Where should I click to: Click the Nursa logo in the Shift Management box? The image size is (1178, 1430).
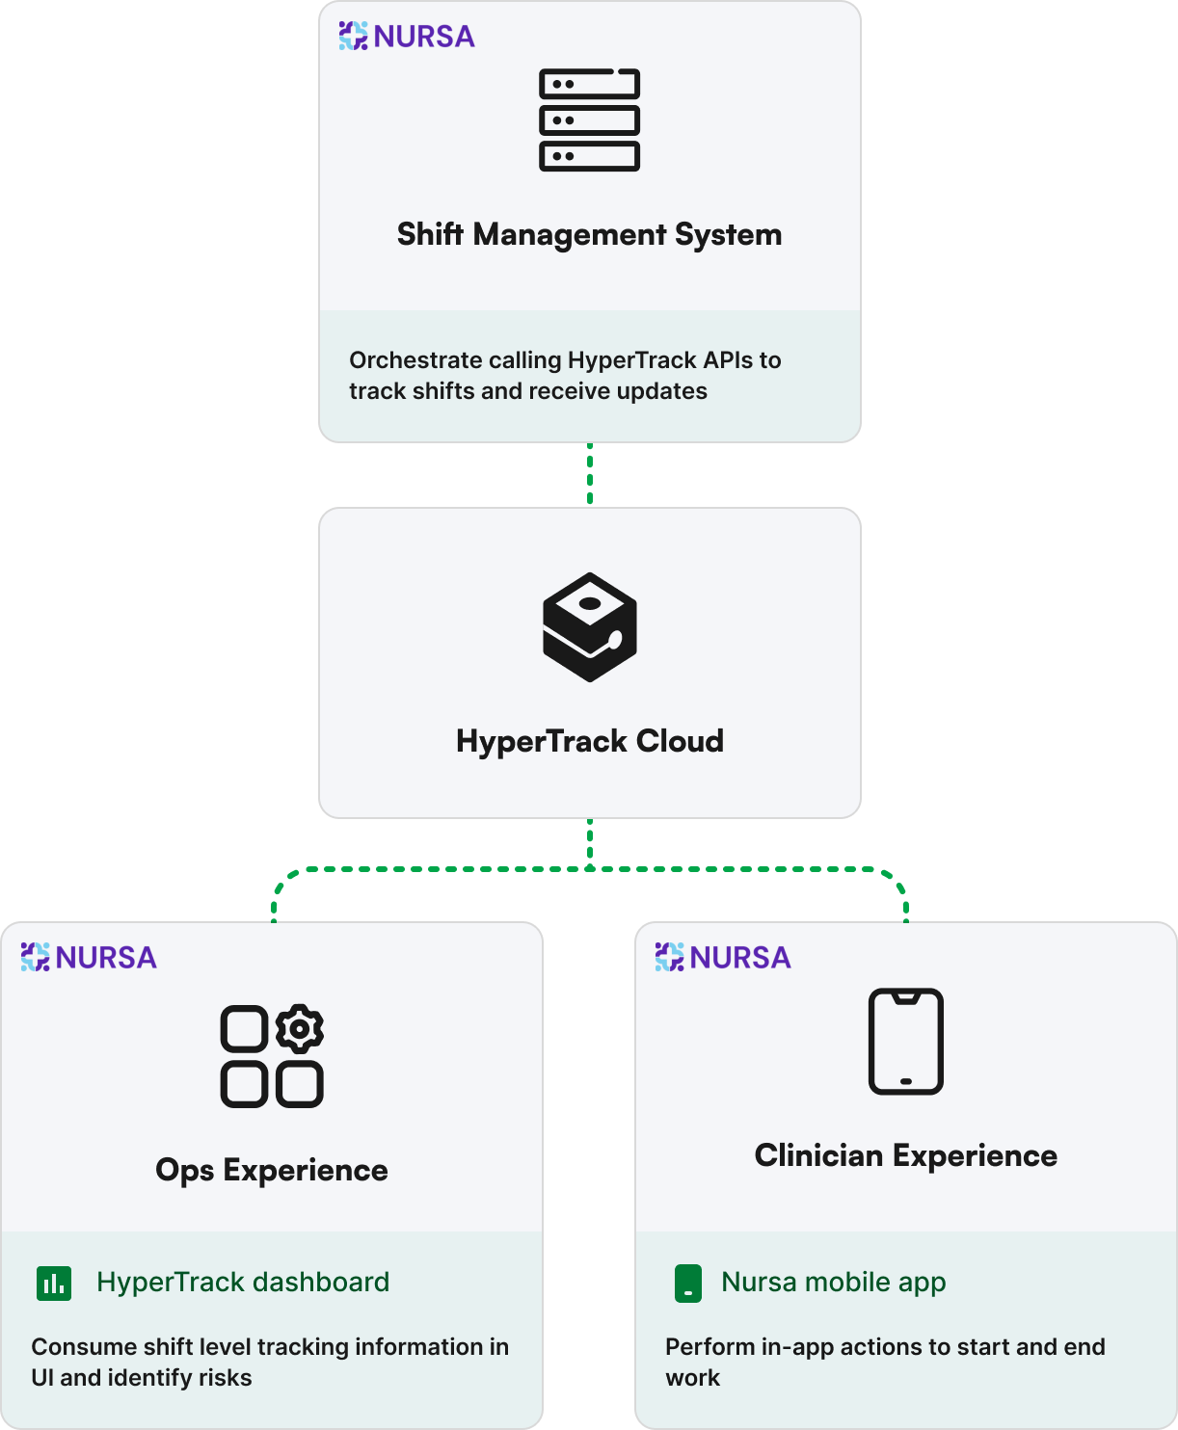407,37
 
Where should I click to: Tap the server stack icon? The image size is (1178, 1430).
589,119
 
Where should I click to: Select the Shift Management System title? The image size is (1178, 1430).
589,235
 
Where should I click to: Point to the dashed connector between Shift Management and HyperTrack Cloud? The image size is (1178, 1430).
590,474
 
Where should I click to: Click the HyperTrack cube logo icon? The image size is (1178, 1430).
589,627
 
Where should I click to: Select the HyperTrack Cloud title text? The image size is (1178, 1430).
589,741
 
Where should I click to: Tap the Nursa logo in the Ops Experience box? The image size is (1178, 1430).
89,957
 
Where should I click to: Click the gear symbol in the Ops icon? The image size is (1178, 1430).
300,1029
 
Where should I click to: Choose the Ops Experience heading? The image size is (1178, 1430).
272,1170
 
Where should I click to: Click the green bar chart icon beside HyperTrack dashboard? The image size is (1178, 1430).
54,1283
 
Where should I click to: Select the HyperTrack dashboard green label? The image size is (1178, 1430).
243,1283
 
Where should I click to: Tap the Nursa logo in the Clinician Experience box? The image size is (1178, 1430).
723,957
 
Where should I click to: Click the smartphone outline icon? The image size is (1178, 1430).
905,1042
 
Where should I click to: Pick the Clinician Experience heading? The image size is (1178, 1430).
905,1155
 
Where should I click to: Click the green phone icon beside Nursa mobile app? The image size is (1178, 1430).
688,1284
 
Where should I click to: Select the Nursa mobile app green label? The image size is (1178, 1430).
834,1283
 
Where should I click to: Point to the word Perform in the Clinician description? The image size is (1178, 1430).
710,1347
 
